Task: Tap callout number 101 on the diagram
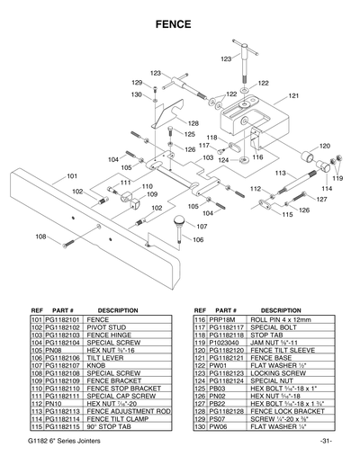tap(71, 176)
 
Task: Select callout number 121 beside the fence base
tap(293, 95)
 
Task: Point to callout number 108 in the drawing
tap(40, 236)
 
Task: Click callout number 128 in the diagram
tap(193, 123)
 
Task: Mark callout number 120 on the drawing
tap(324, 146)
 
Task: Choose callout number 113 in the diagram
tap(280, 173)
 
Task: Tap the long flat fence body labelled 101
tap(54, 202)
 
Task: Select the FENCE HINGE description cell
tap(111, 334)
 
